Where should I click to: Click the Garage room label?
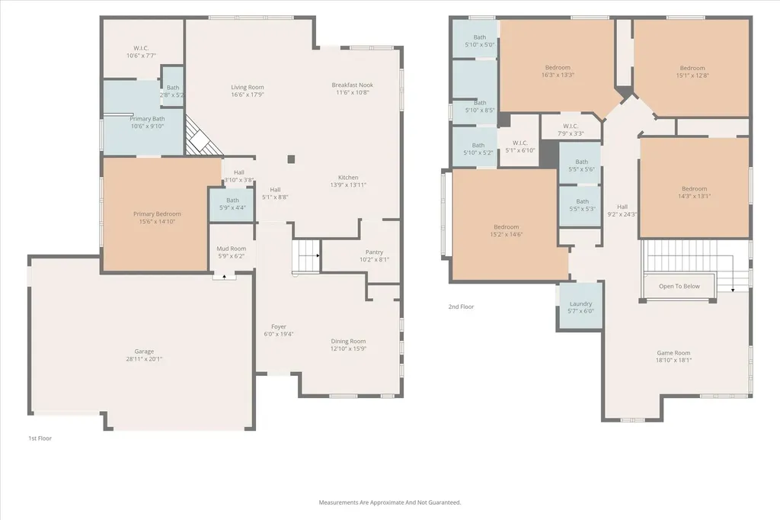pos(144,351)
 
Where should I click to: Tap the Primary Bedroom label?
pos(157,214)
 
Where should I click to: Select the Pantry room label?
pos(374,252)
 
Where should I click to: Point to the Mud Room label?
pos(232,249)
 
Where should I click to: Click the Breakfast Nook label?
pos(352,85)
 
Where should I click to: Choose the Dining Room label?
pos(348,341)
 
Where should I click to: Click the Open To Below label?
pos(679,287)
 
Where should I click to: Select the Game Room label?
pos(673,353)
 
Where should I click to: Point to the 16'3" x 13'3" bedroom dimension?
pos(558,75)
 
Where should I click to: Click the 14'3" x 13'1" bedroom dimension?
pos(694,196)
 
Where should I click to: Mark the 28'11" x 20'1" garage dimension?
pos(144,359)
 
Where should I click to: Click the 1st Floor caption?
pos(40,438)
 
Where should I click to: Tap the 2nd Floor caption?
pos(461,307)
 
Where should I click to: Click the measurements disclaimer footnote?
pos(389,502)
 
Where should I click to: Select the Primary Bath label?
pos(147,119)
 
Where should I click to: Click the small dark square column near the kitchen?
pos(291,159)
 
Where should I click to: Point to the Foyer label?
pos(279,327)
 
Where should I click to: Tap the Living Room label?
pos(248,87)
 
